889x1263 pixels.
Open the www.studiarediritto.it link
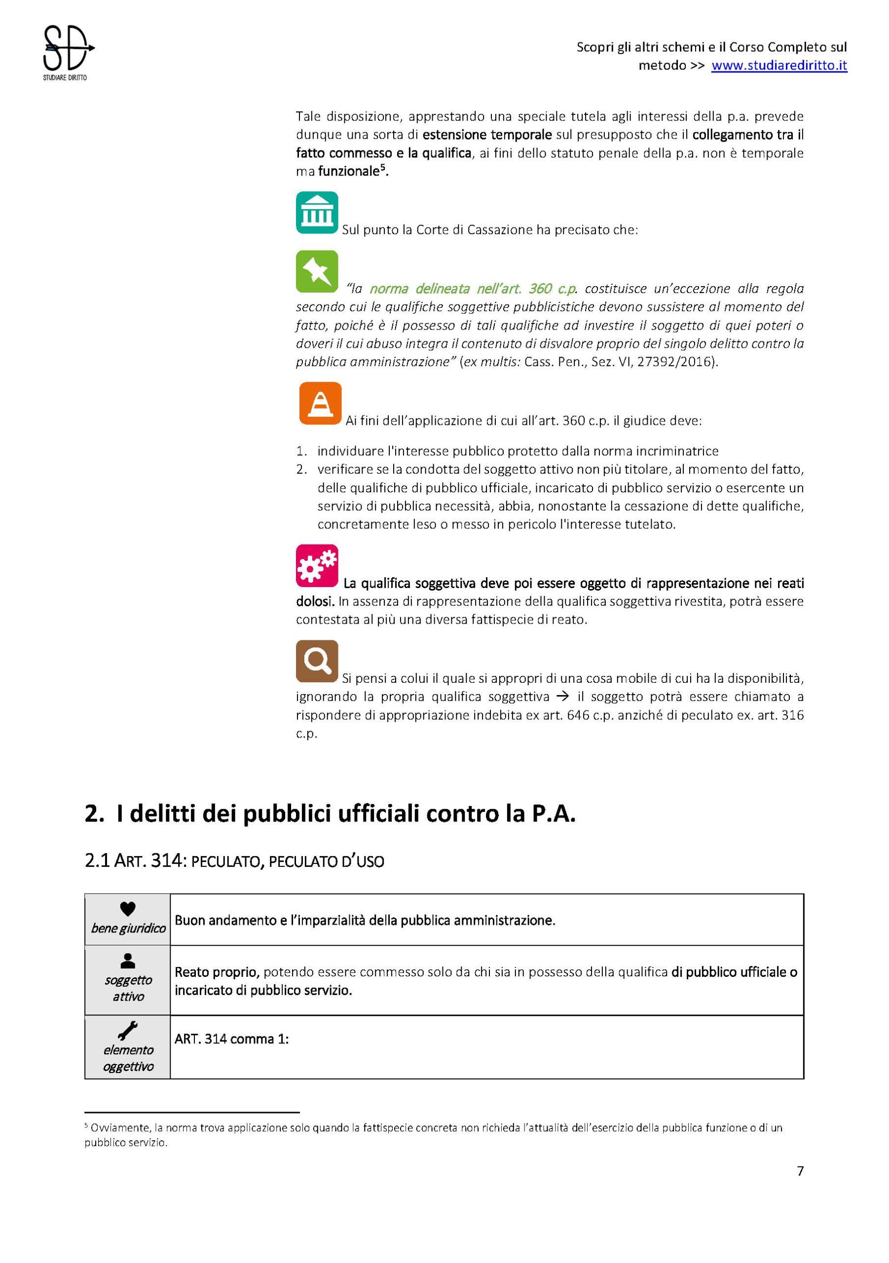click(778, 66)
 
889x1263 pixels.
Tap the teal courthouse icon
click(317, 212)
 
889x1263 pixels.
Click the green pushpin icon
click(317, 271)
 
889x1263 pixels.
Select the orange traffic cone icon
click(320, 403)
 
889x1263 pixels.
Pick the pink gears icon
click(317, 565)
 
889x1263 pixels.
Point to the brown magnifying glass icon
click(317, 661)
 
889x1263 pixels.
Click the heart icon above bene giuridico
click(128, 909)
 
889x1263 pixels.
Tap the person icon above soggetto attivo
click(128, 960)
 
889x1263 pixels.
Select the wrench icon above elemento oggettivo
click(128, 1030)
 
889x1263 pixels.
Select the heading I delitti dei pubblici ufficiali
click(330, 814)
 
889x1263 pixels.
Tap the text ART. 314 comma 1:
click(231, 1039)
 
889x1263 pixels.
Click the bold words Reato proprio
click(216, 972)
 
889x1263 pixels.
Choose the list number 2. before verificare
click(301, 469)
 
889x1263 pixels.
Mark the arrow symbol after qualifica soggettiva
click(562, 697)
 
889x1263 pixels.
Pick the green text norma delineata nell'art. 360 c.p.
click(473, 289)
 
